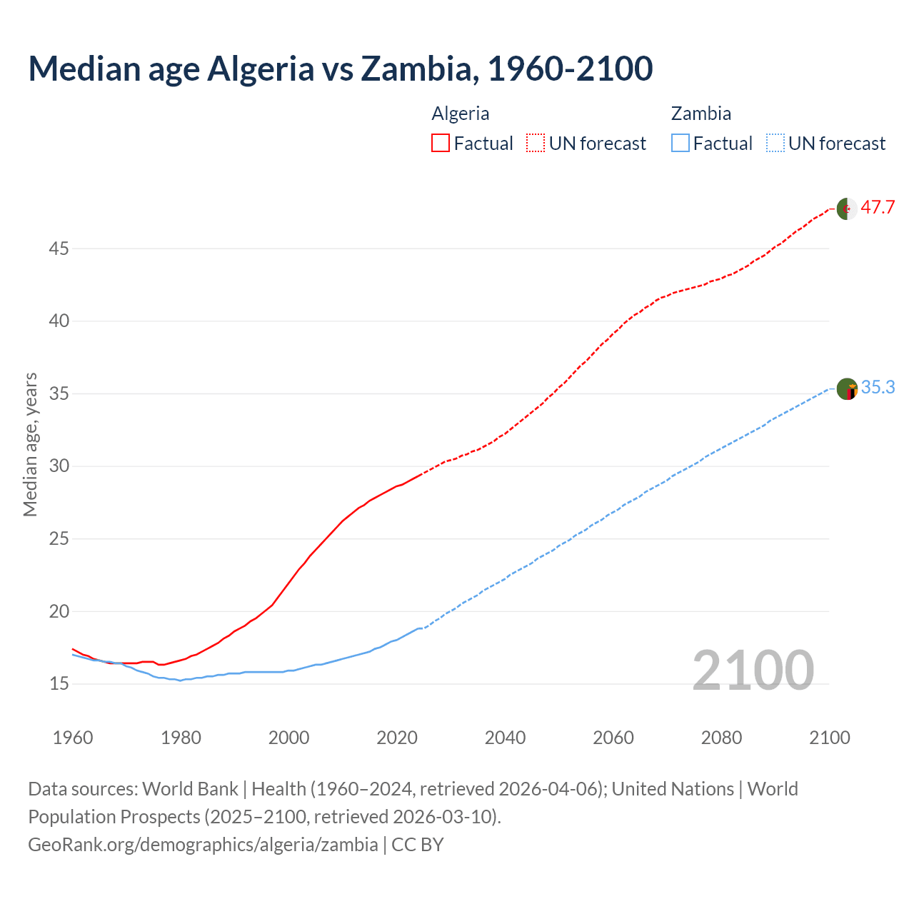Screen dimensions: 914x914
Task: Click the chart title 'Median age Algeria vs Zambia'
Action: (x=340, y=69)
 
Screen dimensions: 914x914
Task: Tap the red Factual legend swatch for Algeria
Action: (x=441, y=144)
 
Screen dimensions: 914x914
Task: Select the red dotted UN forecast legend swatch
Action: (x=536, y=144)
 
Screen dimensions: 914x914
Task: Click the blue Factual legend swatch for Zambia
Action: (x=681, y=144)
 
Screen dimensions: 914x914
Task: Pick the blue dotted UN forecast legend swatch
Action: (x=775, y=144)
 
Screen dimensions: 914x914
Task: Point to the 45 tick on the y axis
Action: (x=59, y=249)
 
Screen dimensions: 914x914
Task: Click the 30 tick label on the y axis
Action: (x=59, y=466)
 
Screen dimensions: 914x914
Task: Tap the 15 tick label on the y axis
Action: (x=59, y=684)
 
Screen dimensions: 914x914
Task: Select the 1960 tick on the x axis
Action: (x=73, y=738)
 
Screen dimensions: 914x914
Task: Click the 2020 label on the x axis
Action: (x=397, y=738)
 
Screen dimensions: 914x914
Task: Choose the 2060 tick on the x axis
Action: (x=613, y=738)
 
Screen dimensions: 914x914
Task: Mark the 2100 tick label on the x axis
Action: (x=830, y=738)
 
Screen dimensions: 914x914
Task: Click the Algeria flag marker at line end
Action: (x=847, y=209)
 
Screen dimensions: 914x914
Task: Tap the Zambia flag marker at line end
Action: (x=847, y=389)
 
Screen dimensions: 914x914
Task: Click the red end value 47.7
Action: (x=878, y=208)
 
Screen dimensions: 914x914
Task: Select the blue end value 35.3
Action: (x=878, y=388)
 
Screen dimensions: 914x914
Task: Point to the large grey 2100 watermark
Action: (x=753, y=671)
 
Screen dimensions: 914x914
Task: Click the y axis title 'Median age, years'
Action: (x=30, y=444)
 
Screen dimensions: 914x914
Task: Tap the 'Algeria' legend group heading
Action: (x=461, y=114)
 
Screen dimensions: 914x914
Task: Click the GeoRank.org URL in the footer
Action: (x=203, y=845)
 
